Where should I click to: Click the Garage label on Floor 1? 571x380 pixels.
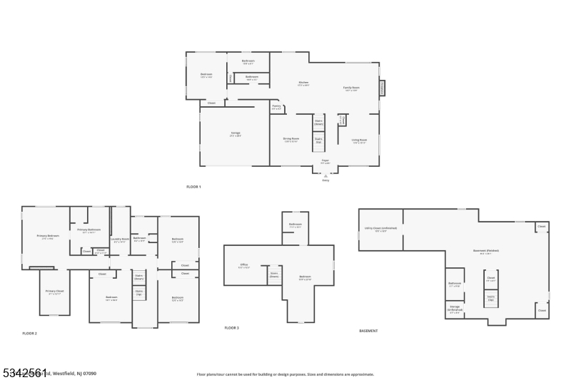(236, 135)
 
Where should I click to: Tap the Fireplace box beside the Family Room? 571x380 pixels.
(382, 88)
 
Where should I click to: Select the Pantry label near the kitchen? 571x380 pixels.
(276, 108)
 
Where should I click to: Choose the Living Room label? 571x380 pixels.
(359, 141)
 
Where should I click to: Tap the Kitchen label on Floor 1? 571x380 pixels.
(303, 83)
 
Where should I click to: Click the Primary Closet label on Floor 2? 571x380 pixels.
(55, 292)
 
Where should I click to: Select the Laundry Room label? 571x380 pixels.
(119, 240)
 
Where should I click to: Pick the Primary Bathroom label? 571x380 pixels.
(89, 230)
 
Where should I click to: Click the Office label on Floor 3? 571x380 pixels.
(243, 265)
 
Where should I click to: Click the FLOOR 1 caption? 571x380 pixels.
(193, 187)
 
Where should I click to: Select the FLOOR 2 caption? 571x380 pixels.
(29, 334)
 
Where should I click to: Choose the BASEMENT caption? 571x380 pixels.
(368, 331)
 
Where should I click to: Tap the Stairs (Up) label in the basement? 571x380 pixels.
(491, 300)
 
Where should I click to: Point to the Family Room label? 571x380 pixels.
(352, 89)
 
